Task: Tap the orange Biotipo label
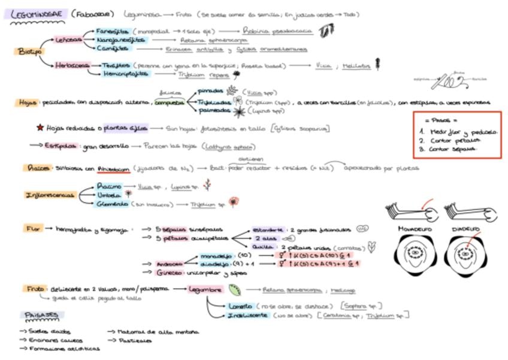(x=26, y=52)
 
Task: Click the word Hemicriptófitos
(x=125, y=74)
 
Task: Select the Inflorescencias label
(x=50, y=195)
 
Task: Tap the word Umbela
(x=108, y=195)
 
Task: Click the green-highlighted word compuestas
(x=170, y=102)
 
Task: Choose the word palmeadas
(x=214, y=111)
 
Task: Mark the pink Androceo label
(x=170, y=263)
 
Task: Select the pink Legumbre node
(x=205, y=289)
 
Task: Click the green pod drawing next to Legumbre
(x=235, y=289)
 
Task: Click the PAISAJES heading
(x=41, y=314)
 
